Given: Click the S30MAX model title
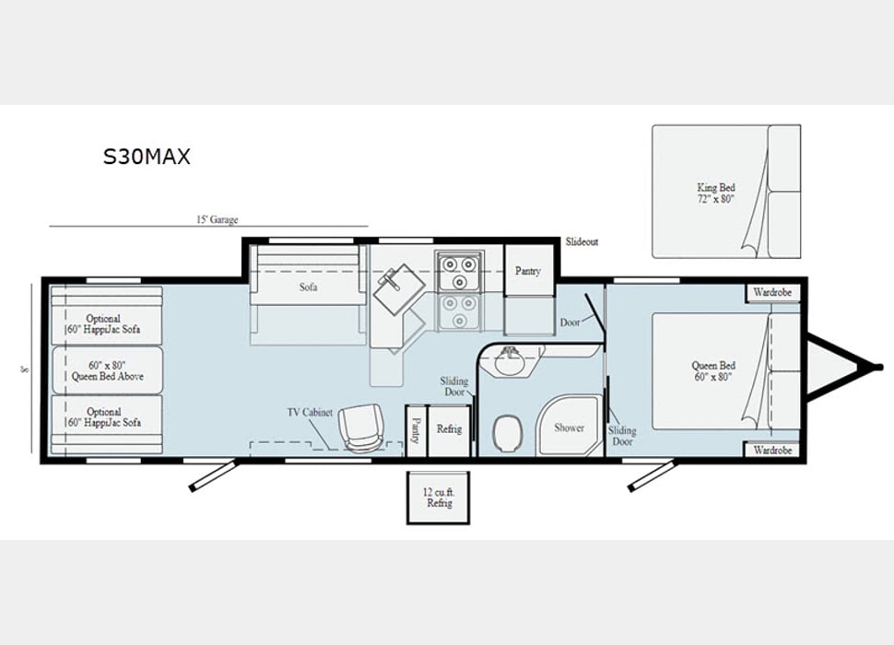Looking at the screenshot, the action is [147, 156].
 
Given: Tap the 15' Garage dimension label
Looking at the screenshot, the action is [218, 219].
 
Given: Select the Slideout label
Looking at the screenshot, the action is [582, 241].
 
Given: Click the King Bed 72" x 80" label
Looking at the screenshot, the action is [715, 193].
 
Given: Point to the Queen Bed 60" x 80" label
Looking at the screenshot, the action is [713, 371].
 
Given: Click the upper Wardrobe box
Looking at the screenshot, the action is [772, 292].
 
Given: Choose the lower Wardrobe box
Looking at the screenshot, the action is [772, 450].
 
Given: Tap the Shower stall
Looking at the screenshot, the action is [569, 428].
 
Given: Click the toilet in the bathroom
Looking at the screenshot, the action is [507, 432].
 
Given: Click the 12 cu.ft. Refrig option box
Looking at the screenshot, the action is [439, 498].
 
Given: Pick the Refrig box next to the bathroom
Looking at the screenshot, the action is [449, 430].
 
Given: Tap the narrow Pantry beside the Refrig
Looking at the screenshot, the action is [416, 430].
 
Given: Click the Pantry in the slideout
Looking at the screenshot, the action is [528, 271].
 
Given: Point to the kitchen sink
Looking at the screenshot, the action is [398, 288].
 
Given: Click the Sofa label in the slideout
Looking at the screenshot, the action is [308, 287].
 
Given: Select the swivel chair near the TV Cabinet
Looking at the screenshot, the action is [361, 428].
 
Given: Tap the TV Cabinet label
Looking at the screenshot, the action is [310, 412].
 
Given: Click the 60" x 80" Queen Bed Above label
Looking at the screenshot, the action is [107, 370].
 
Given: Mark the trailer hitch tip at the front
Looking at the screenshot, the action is [880, 367].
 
